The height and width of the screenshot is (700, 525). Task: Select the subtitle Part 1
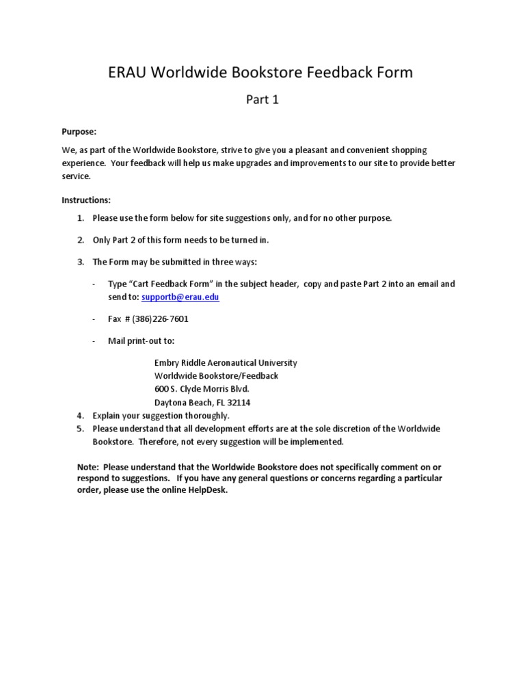[x=262, y=100]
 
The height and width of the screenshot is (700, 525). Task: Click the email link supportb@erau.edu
[x=180, y=297]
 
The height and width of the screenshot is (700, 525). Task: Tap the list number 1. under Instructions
[x=80, y=218]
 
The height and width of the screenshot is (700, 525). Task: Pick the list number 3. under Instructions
[x=80, y=262]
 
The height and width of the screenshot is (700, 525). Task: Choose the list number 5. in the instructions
[x=80, y=429]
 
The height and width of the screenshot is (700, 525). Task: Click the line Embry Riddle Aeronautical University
[x=226, y=363]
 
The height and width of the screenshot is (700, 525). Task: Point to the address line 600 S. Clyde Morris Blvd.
[x=197, y=389]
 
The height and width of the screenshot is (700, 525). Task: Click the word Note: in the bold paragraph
[x=89, y=467]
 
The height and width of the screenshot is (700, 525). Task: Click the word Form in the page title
[x=395, y=72]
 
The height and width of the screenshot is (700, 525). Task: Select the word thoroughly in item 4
[x=202, y=416]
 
